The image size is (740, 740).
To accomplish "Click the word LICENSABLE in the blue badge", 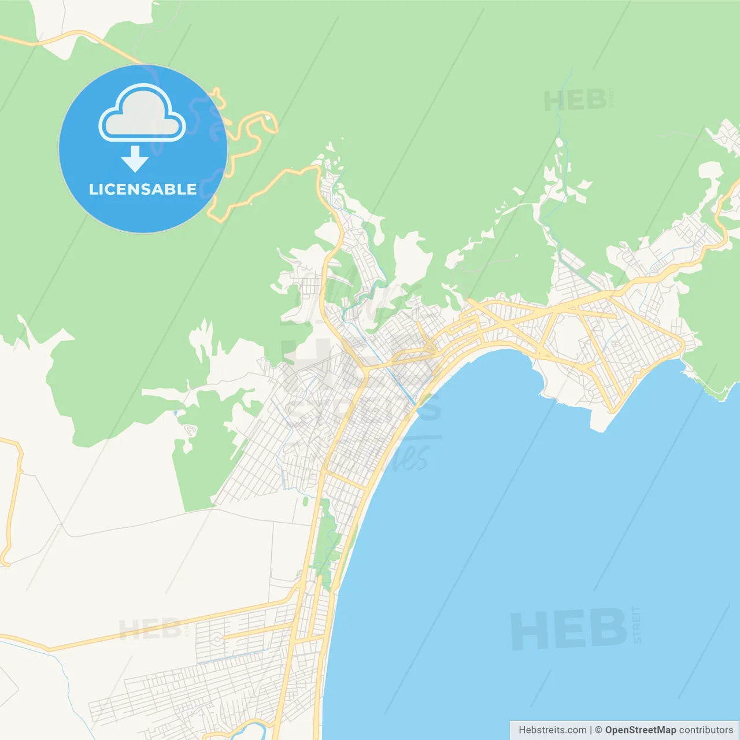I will [x=143, y=190].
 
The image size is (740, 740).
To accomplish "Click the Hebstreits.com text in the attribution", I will [x=552, y=730].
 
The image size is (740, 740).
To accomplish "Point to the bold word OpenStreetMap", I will [x=640, y=730].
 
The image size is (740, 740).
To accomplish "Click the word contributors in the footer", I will [x=706, y=730].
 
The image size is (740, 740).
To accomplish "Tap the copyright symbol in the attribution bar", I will [x=598, y=730].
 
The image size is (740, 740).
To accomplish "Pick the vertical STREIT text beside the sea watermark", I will [x=637, y=624].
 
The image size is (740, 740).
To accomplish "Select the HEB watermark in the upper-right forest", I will [x=575, y=102].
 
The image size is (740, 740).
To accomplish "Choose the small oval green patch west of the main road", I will [x=305, y=501].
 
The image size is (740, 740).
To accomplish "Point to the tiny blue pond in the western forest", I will [x=175, y=413].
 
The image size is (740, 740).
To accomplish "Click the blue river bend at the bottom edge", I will [x=249, y=726].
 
